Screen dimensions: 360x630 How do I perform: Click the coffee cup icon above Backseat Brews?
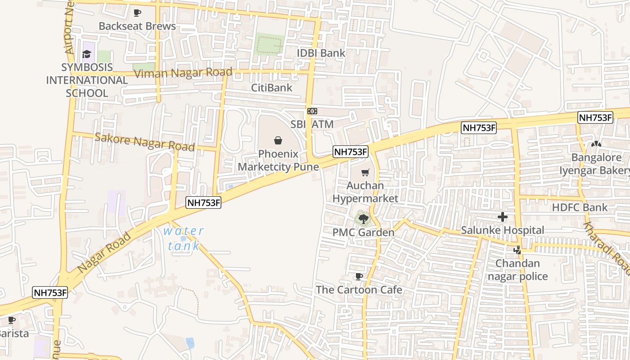pyautogui.click(x=137, y=13)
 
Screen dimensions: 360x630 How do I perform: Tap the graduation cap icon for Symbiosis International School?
pyautogui.click(x=86, y=54)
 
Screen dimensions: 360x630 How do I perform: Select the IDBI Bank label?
pyautogui.click(x=321, y=53)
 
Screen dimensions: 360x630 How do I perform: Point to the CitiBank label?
pyautogui.click(x=272, y=88)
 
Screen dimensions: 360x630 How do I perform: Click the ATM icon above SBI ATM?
pyautogui.click(x=312, y=111)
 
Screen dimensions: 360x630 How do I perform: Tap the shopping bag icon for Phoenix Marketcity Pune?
pyautogui.click(x=278, y=140)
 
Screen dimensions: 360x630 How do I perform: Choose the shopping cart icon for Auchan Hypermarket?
pyautogui.click(x=365, y=172)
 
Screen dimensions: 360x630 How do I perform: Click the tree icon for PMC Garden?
pyautogui.click(x=363, y=219)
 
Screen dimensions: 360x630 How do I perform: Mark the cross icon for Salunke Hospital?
pyautogui.click(x=503, y=217)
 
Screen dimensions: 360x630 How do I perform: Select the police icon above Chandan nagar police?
pyautogui.click(x=517, y=250)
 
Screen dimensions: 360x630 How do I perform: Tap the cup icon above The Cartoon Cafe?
pyautogui.click(x=359, y=276)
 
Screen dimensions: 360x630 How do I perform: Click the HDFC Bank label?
pyautogui.click(x=580, y=207)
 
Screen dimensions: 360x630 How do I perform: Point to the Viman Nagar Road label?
pyautogui.click(x=183, y=73)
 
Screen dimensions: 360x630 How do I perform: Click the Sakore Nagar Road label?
pyautogui.click(x=144, y=142)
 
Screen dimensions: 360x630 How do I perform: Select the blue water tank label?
pyautogui.click(x=183, y=238)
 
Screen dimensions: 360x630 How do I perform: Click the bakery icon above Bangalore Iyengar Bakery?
pyautogui.click(x=596, y=144)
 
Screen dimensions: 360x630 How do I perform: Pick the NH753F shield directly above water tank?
pyautogui.click(x=204, y=202)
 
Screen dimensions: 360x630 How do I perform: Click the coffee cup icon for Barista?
pyautogui.click(x=11, y=320)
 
